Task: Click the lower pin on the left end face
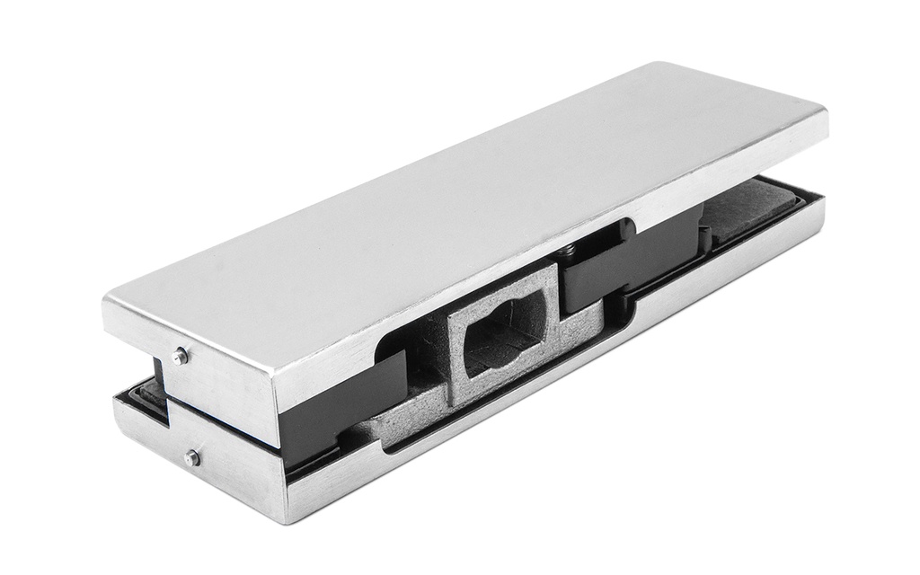click(x=191, y=458)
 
